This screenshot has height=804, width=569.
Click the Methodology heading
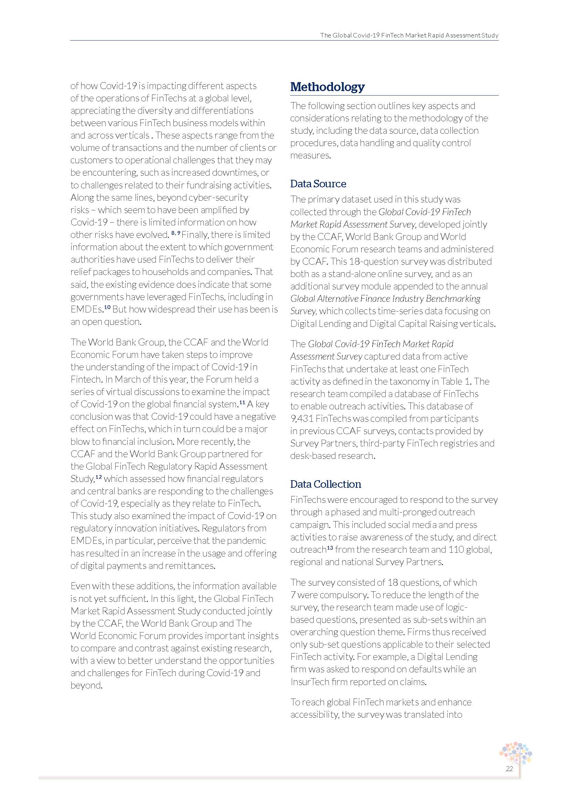point(327,87)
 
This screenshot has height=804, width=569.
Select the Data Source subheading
point(318,184)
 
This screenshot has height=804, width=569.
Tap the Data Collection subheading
point(325,484)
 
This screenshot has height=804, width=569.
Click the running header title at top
point(409,35)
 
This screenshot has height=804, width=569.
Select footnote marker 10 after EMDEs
point(107,307)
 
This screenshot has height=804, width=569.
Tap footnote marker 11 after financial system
point(242,403)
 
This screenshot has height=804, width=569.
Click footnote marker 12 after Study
point(99,477)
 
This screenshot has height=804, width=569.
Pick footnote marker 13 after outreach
point(330,548)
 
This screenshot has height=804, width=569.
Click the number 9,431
point(302,419)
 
